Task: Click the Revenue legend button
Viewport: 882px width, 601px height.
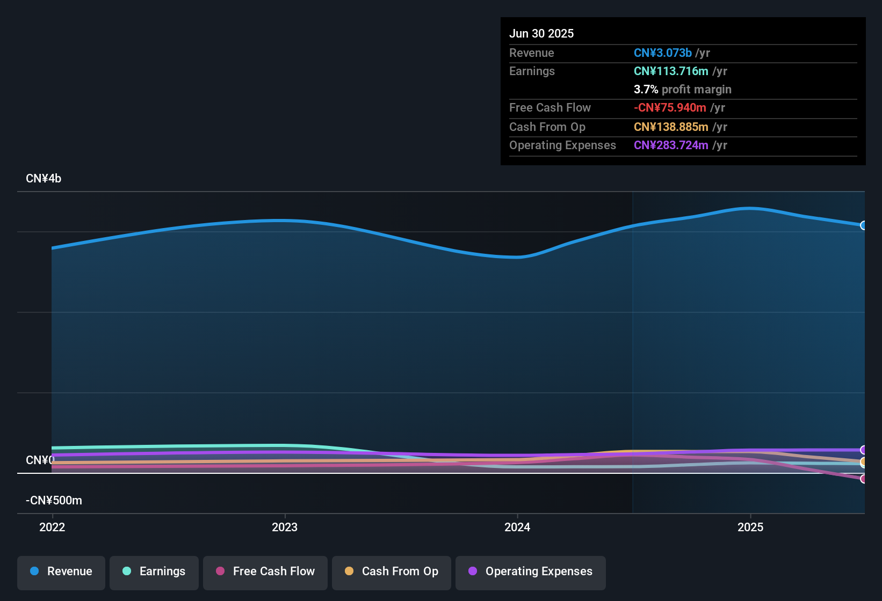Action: pyautogui.click(x=61, y=571)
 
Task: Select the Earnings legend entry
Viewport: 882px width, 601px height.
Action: pyautogui.click(x=154, y=571)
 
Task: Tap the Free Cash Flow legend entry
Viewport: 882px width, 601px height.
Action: pyautogui.click(x=265, y=571)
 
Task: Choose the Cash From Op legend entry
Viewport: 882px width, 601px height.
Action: pyautogui.click(x=392, y=571)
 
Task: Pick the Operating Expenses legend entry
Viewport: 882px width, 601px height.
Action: pyautogui.click(x=531, y=571)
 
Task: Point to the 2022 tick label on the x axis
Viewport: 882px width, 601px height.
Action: pyautogui.click(x=52, y=527)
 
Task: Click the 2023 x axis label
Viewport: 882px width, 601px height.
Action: pyautogui.click(x=285, y=527)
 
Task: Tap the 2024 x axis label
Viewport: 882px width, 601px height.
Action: pyautogui.click(x=517, y=527)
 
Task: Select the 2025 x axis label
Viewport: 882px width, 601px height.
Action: pyautogui.click(x=750, y=527)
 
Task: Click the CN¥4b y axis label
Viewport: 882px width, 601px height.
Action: pyautogui.click(x=44, y=179)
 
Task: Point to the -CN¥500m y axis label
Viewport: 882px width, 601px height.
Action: pyautogui.click(x=54, y=501)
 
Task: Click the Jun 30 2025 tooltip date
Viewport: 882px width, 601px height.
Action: pyautogui.click(x=541, y=33)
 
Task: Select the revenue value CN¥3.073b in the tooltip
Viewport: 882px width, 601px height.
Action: pyautogui.click(x=662, y=53)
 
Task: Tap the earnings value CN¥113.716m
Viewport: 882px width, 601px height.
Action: pyautogui.click(x=671, y=71)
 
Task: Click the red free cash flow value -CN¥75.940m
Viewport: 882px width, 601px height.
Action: pyautogui.click(x=670, y=107)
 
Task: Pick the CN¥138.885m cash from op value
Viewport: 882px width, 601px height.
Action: pyautogui.click(x=671, y=127)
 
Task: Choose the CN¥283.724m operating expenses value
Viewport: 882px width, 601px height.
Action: pyautogui.click(x=671, y=145)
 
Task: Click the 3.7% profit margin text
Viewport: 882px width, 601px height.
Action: pyautogui.click(x=682, y=89)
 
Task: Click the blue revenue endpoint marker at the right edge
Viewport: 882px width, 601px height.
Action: pyautogui.click(x=863, y=225)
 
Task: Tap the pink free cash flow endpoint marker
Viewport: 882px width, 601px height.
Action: pyautogui.click(x=863, y=479)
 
